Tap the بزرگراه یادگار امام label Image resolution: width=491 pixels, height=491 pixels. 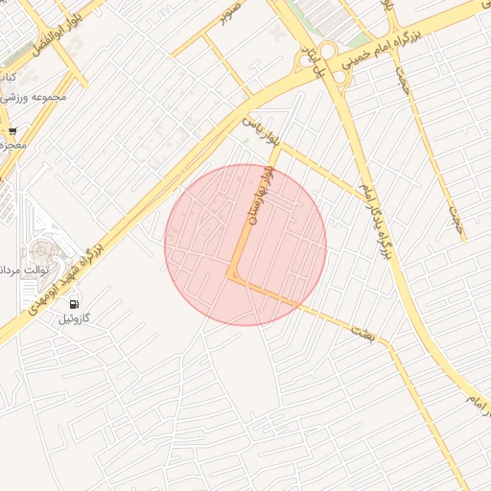376,220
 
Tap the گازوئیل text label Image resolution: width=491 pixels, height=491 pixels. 74,317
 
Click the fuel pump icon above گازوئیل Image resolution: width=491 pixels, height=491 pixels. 73,303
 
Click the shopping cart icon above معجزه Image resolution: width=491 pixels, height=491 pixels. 12,131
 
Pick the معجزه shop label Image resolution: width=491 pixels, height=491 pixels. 12,145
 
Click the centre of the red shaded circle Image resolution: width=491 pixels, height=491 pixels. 245,245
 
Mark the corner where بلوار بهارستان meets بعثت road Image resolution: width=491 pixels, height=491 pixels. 230,276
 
